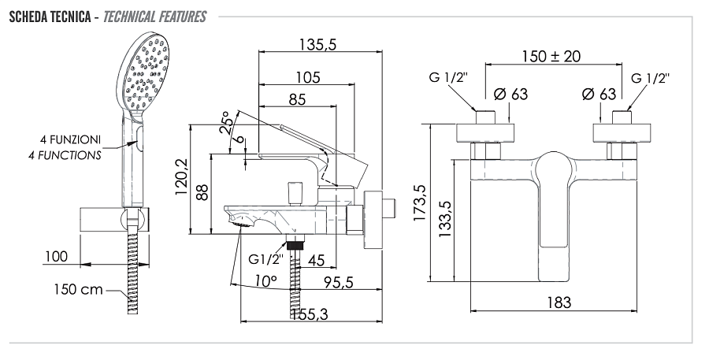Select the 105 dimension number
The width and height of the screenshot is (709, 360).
tap(308, 77)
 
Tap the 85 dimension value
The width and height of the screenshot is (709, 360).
tap(299, 100)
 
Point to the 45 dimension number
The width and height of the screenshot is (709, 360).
tap(316, 259)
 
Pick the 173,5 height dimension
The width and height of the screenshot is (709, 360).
tap(419, 206)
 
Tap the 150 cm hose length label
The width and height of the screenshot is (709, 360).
tap(79, 289)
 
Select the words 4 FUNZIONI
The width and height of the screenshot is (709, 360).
tap(71, 139)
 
